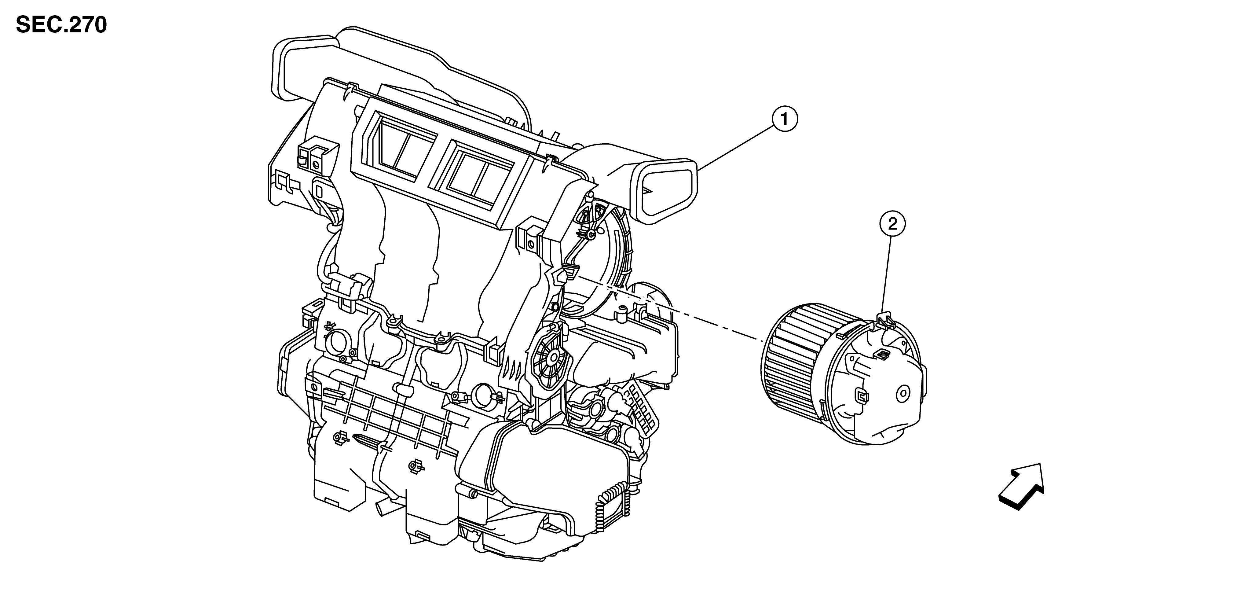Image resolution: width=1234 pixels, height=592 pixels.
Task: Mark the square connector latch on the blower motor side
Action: tap(861, 396)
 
